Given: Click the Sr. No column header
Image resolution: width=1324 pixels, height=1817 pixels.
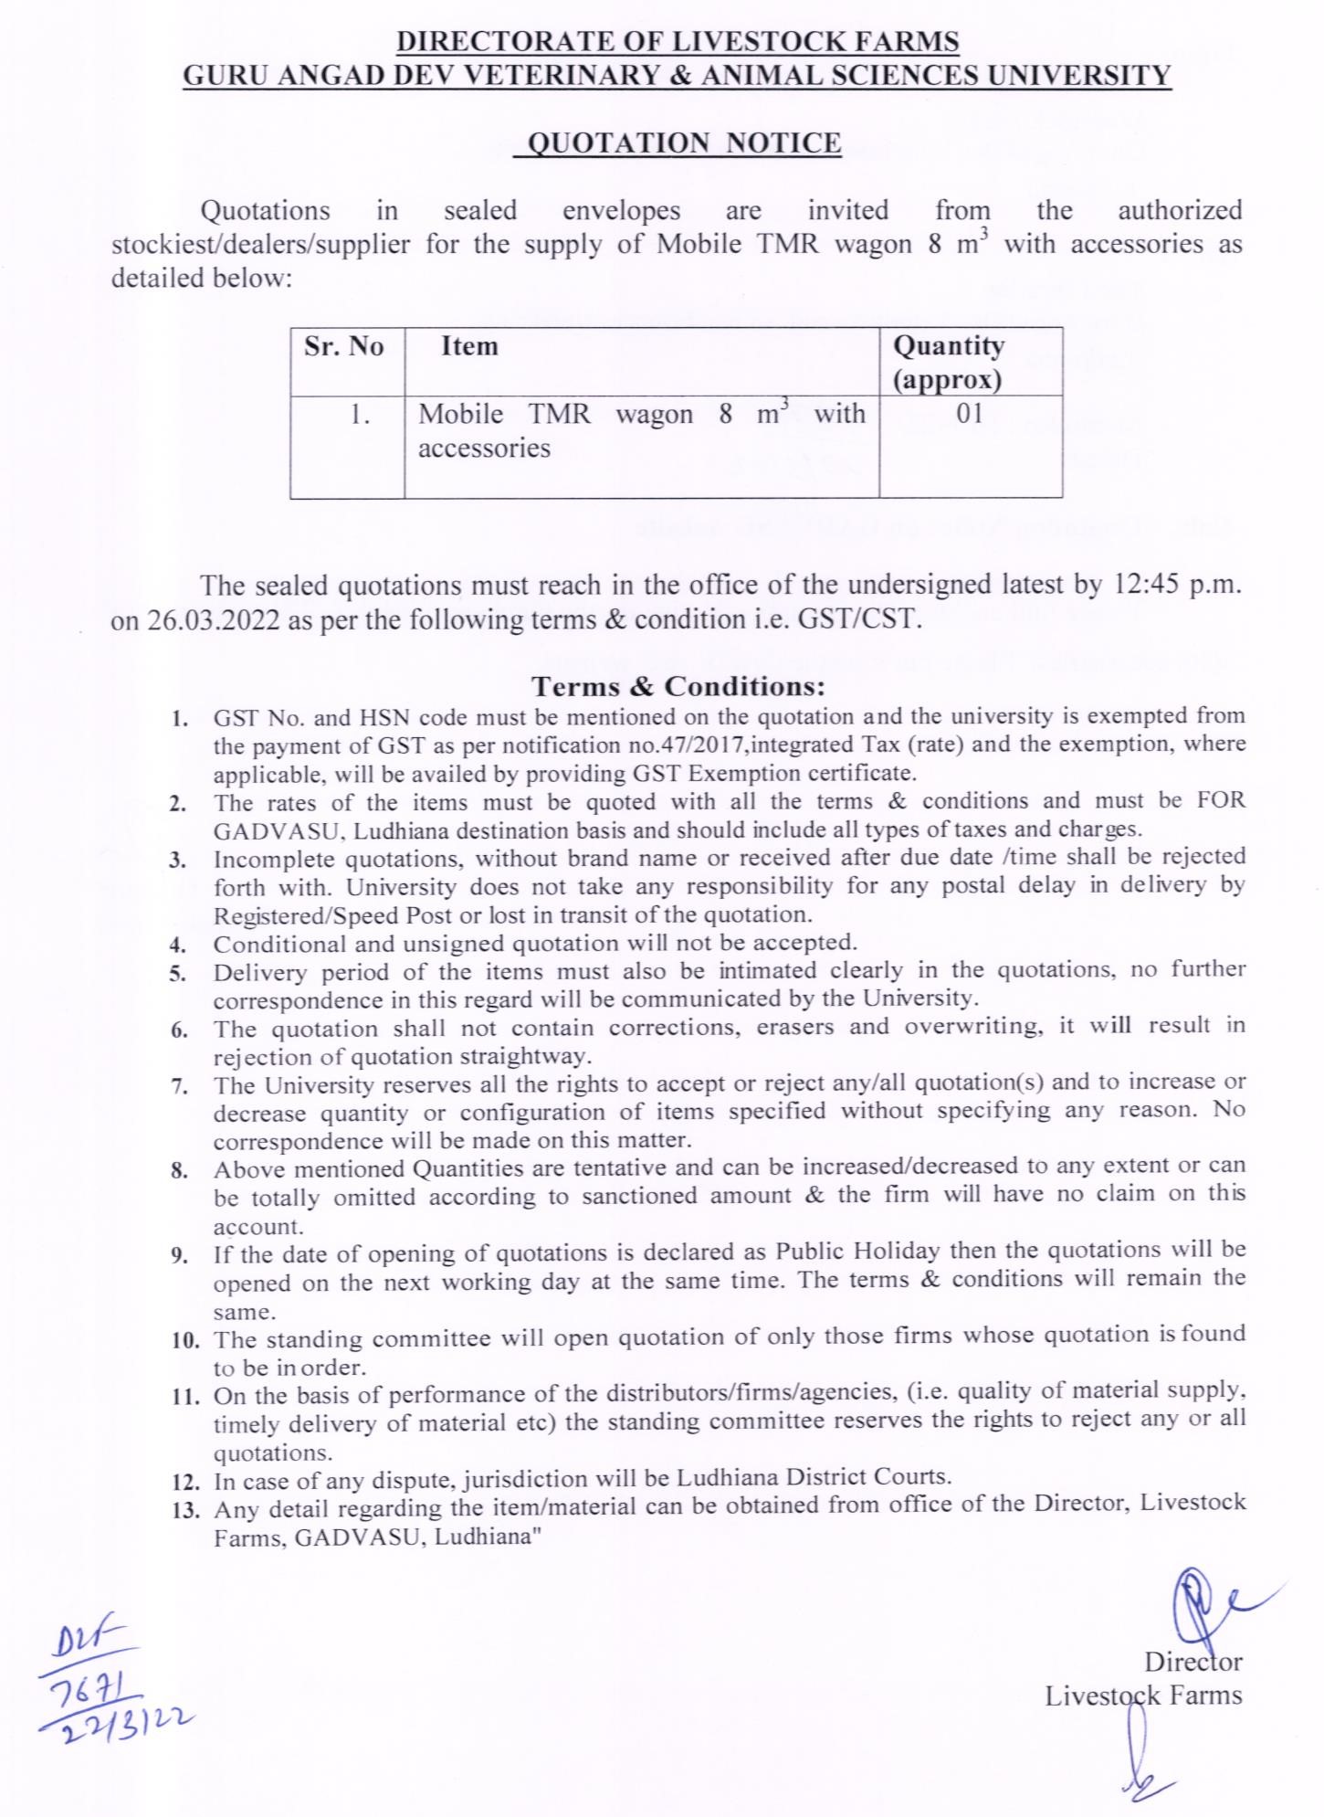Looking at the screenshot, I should tap(344, 347).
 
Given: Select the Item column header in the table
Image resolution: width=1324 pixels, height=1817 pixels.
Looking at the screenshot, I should tap(469, 347).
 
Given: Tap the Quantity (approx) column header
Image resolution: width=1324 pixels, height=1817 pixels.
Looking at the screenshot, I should tap(948, 362).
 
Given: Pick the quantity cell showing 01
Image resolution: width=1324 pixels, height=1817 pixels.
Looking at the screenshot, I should tap(969, 414).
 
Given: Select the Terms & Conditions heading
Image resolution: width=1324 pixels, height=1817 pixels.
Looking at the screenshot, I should tap(678, 685).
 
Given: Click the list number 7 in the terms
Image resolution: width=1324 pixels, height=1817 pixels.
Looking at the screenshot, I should tap(179, 1087).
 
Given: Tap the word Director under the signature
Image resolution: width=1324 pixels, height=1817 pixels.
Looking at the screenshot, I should tap(1193, 1661).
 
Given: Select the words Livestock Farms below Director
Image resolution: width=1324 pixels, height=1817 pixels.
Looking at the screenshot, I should tap(1143, 1696).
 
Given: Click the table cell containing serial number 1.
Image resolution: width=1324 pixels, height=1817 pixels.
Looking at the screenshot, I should tap(360, 416).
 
